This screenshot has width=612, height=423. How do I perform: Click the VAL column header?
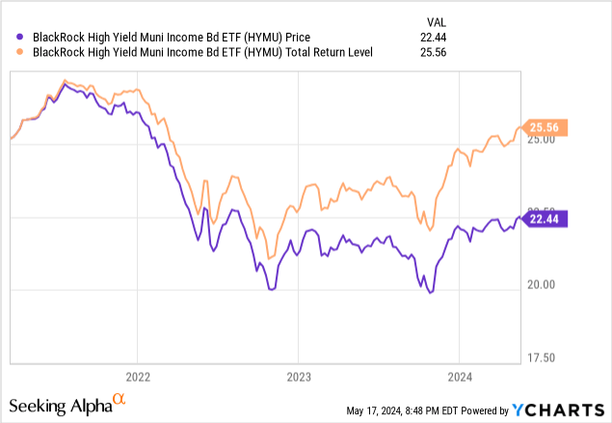tap(435, 21)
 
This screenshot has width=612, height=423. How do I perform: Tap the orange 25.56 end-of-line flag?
tap(545, 127)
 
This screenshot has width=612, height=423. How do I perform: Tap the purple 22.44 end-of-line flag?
tap(545, 218)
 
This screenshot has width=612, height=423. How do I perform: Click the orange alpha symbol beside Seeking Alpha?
tap(119, 399)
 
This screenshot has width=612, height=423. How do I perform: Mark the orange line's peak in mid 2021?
tap(65, 80)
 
